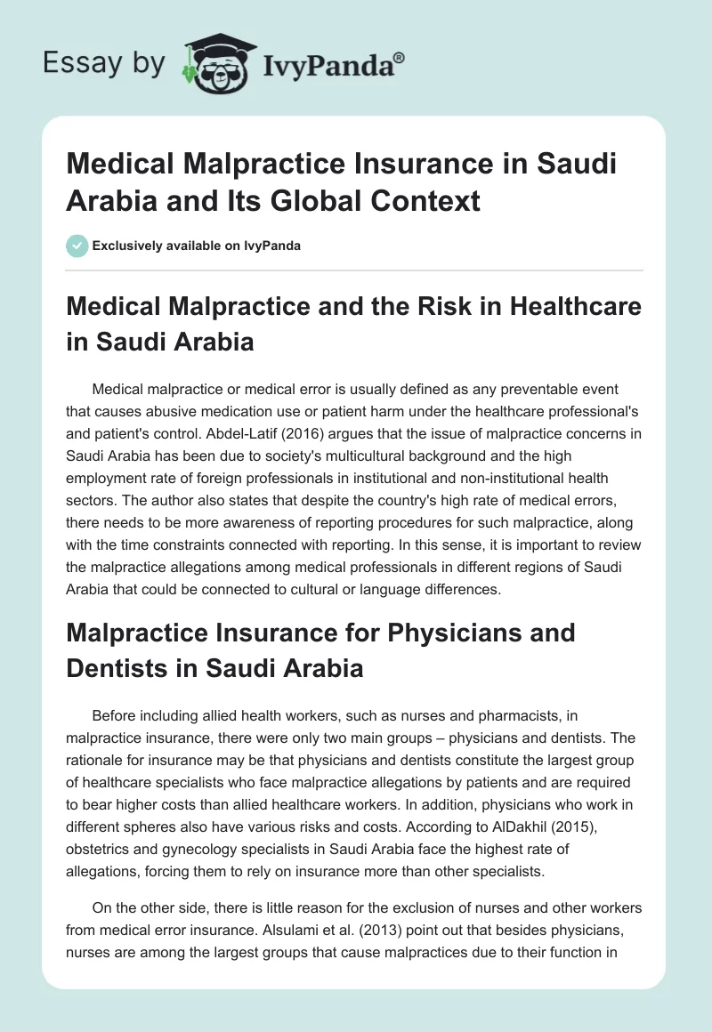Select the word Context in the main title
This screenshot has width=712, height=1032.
pyautogui.click(x=433, y=200)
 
